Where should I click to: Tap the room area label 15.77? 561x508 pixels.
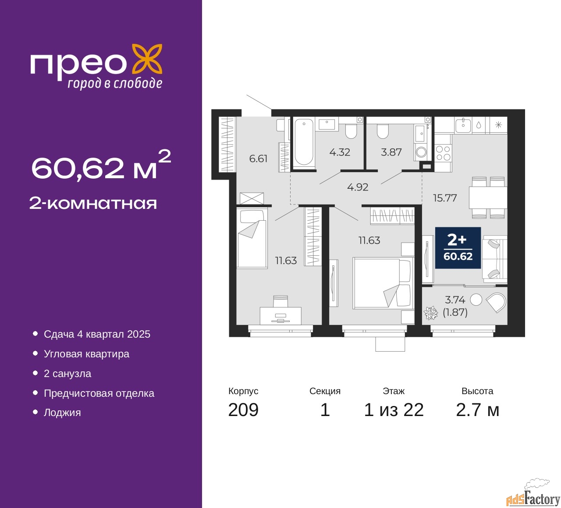tap(445, 198)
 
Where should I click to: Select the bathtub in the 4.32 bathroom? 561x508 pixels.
tap(304, 144)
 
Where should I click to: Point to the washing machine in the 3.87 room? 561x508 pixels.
tap(421, 152)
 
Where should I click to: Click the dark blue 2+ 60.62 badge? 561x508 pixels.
tap(458, 247)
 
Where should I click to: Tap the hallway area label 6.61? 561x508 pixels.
tap(258, 159)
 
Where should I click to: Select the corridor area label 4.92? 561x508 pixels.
tap(357, 187)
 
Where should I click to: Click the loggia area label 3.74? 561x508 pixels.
tap(455, 300)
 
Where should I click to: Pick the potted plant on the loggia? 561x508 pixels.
tap(431, 313)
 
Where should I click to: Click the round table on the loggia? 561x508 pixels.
tap(476, 300)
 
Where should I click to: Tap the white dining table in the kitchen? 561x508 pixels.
tap(488, 198)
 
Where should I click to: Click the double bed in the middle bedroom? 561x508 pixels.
tap(383, 282)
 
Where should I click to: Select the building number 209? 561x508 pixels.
tap(243, 409)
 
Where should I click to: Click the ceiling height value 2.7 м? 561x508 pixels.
tap(477, 410)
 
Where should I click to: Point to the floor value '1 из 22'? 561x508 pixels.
tap(394, 410)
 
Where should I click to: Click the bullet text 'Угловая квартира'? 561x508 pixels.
tap(86, 354)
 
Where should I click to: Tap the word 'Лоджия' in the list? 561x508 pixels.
tap(62, 413)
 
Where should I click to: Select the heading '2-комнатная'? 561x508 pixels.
tap(93, 204)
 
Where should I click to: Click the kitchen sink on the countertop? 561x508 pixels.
tap(463, 125)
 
